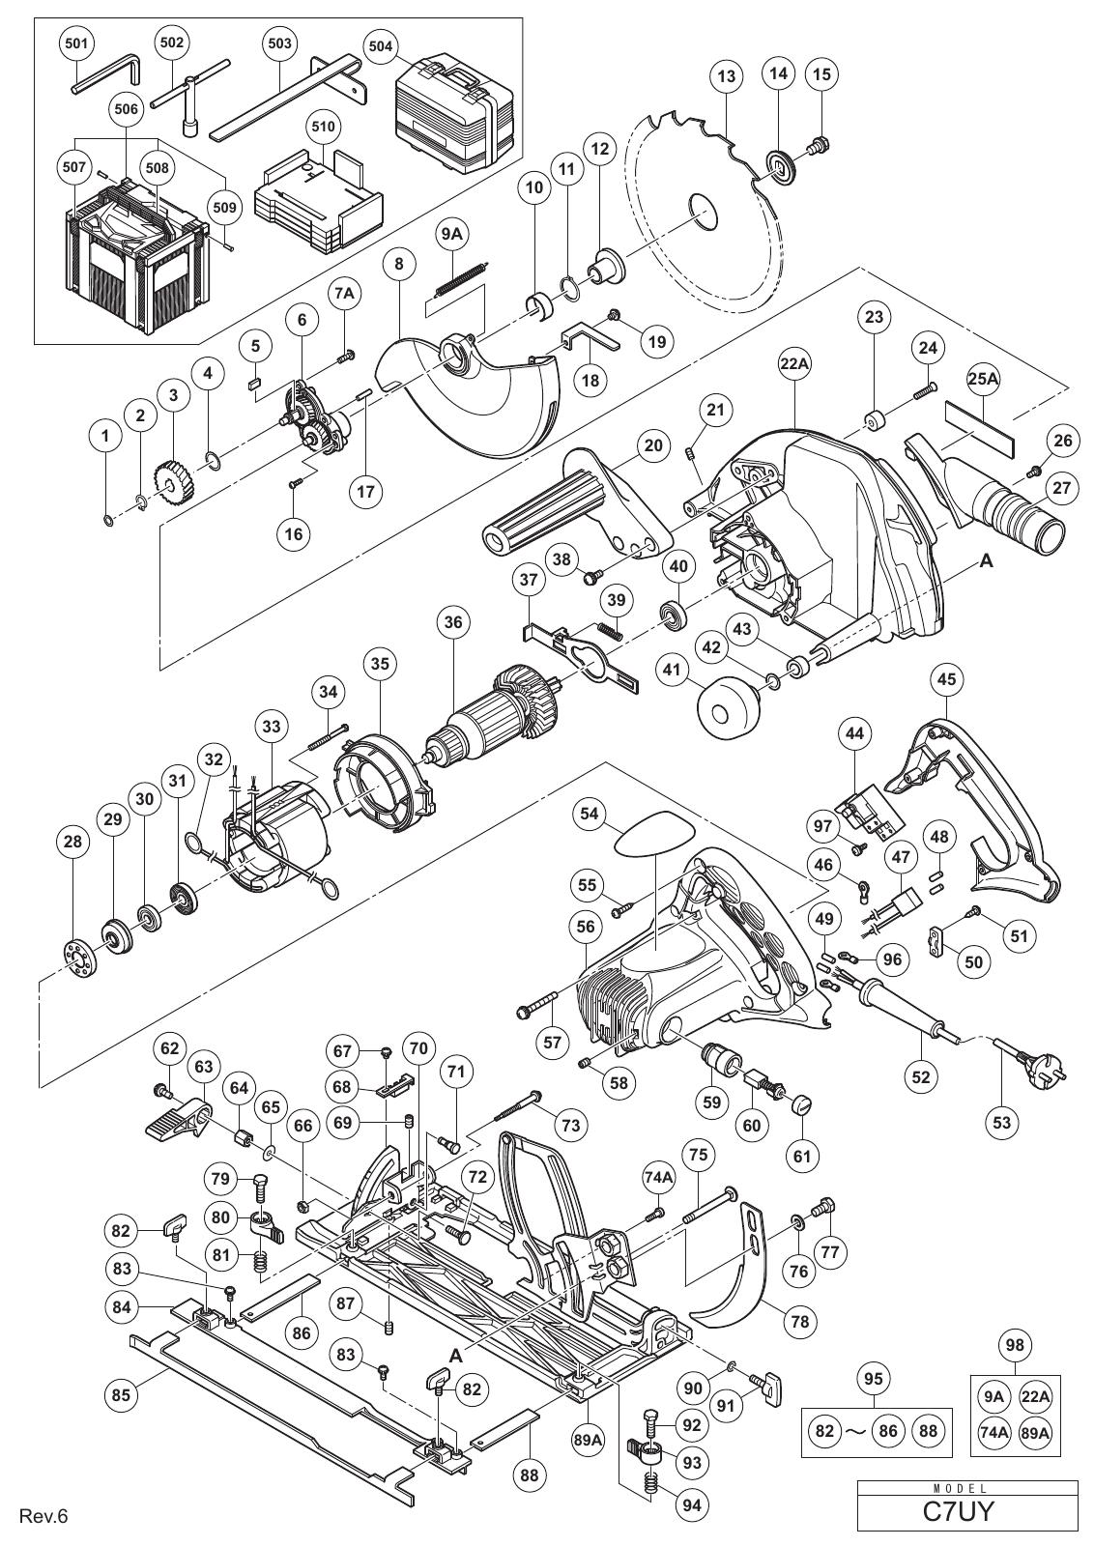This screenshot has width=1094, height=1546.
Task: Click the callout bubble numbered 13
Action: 727,75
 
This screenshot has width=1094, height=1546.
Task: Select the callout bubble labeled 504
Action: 381,47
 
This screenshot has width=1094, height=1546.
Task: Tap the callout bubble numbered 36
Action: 453,622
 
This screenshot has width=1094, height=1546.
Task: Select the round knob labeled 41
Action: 729,709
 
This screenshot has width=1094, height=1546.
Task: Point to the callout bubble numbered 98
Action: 1016,1344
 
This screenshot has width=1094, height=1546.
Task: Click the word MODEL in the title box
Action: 967,1484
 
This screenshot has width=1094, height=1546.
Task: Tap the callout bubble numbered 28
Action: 72,842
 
